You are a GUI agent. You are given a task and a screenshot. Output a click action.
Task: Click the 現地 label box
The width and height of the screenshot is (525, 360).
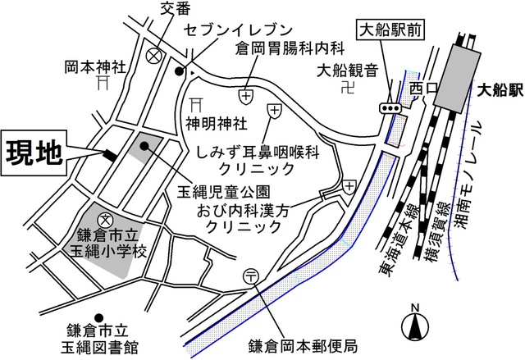(x=34, y=153)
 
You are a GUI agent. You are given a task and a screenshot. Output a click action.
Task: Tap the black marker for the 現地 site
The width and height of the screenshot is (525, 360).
(x=109, y=153)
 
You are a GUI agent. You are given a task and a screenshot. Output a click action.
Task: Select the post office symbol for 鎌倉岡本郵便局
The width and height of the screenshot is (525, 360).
(x=252, y=276)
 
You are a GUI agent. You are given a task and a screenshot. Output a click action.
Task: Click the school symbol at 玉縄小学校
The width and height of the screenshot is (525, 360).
(x=106, y=220)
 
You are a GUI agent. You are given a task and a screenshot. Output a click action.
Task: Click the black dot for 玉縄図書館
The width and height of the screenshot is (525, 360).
(x=98, y=317)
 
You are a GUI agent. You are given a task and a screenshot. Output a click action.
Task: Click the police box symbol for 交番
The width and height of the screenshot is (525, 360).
(x=153, y=56)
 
